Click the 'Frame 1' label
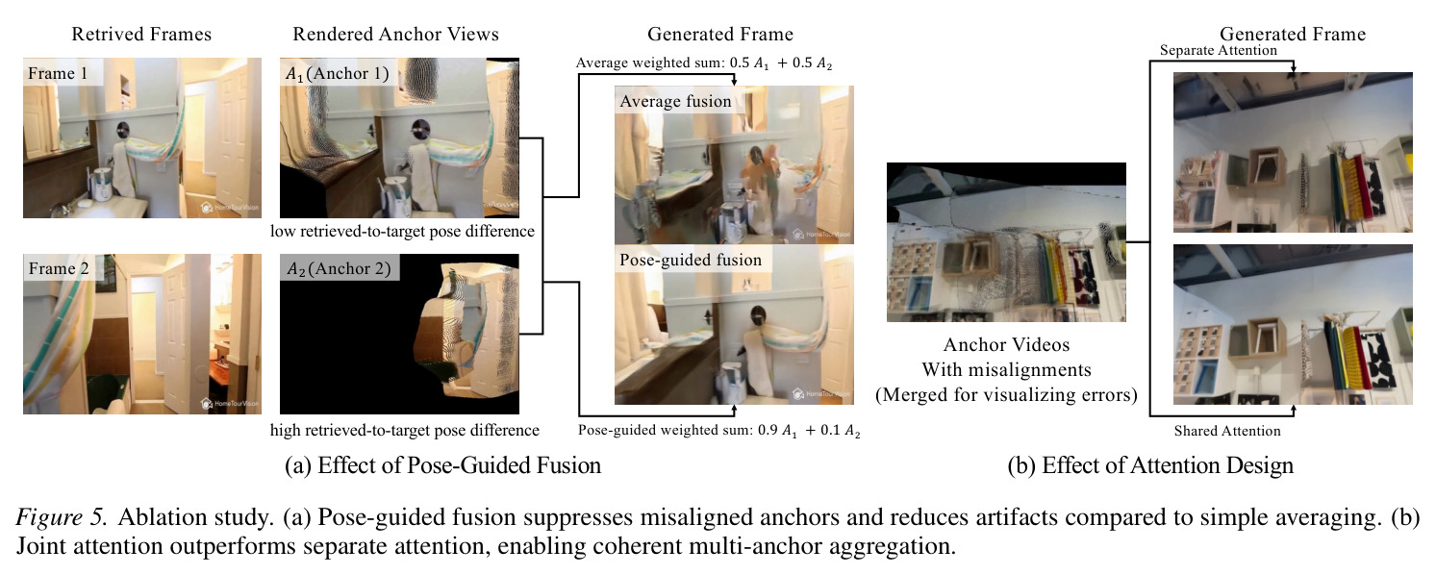pyautogui.click(x=58, y=74)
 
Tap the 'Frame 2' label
pyautogui.click(x=59, y=268)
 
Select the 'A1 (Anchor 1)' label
pyautogui.click(x=338, y=74)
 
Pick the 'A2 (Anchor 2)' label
pyautogui.click(x=339, y=268)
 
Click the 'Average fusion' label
pyautogui.click(x=675, y=101)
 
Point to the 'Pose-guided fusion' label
pyautogui.click(x=691, y=260)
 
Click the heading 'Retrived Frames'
pyautogui.click(x=141, y=34)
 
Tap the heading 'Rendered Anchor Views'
pyautogui.click(x=395, y=34)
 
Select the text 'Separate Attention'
pyautogui.click(x=1218, y=51)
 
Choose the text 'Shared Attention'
pyautogui.click(x=1227, y=431)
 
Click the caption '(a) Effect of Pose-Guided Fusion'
pyautogui.click(x=443, y=465)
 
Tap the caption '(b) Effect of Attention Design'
pyautogui.click(x=1150, y=465)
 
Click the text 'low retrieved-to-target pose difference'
pyautogui.click(x=402, y=232)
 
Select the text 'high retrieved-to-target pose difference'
pyautogui.click(x=405, y=430)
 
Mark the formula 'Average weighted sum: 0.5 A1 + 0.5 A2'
pyautogui.click(x=704, y=62)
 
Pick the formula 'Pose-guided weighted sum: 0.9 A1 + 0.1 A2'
pyautogui.click(x=718, y=430)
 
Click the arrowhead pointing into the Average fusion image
pyautogui.click(x=734, y=82)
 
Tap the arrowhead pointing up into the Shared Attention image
pyautogui.click(x=1293, y=409)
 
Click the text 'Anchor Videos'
pyautogui.click(x=1006, y=345)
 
